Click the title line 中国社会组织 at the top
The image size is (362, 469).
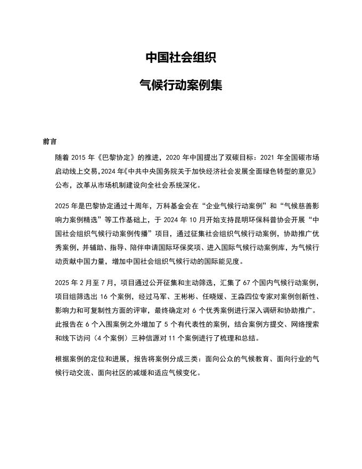[181, 58]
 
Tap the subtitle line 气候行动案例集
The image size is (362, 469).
[181, 85]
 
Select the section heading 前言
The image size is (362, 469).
[50, 142]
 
